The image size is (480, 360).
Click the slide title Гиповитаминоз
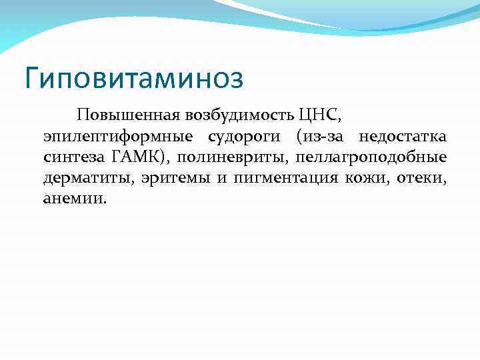(133, 78)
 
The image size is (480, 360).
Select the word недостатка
(403, 137)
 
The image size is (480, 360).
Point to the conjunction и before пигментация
(217, 179)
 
